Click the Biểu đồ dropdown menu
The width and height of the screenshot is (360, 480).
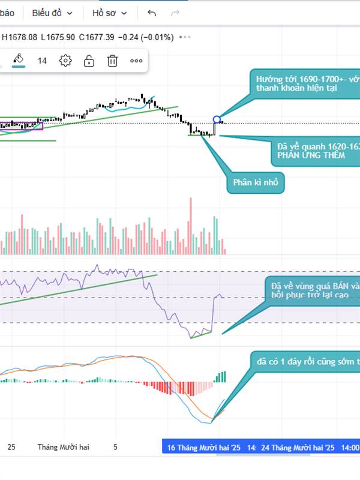[x=52, y=13]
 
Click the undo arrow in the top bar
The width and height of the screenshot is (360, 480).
[x=152, y=13]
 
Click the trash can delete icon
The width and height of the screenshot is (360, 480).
[x=112, y=61]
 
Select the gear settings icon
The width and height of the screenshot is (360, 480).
[x=65, y=61]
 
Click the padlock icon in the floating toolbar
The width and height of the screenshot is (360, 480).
[x=89, y=61]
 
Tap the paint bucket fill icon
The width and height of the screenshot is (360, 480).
[x=18, y=59]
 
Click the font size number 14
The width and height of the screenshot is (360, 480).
[x=42, y=61]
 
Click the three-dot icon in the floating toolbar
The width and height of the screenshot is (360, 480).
[x=136, y=61]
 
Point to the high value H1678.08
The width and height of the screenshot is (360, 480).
[x=20, y=37]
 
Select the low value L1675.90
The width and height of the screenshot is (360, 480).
[x=58, y=37]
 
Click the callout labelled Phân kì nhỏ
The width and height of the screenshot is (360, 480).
[x=254, y=183]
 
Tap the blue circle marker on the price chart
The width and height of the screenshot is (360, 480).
[x=217, y=119]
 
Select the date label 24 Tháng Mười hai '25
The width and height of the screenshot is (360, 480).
[x=297, y=448]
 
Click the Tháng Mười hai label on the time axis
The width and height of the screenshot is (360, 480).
[x=63, y=448]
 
